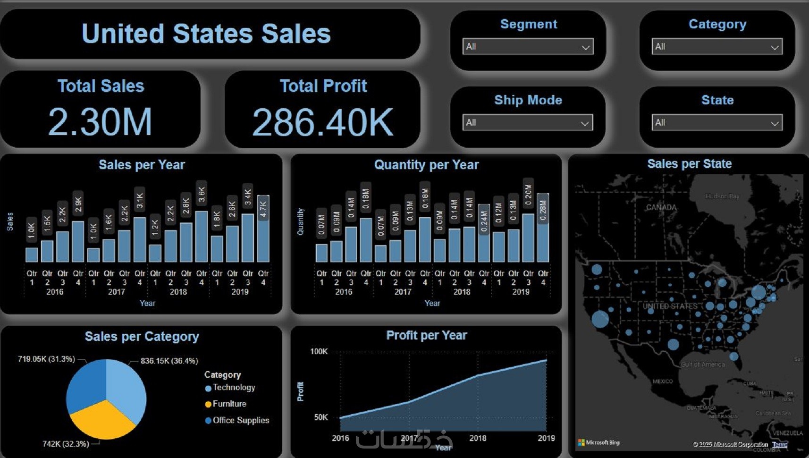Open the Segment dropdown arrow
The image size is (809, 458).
tap(585, 47)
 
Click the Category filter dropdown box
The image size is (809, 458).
tap(716, 47)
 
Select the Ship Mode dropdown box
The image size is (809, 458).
tap(527, 123)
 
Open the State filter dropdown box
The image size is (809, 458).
tap(716, 123)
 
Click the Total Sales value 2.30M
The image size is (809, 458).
tap(100, 122)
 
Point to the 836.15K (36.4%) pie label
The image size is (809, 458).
tap(169, 361)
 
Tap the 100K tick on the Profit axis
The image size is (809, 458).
tap(319, 351)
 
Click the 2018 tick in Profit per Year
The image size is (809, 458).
tap(478, 438)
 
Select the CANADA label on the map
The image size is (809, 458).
tap(661, 207)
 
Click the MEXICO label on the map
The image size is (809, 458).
tap(663, 382)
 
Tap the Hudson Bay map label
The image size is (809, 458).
tap(722, 196)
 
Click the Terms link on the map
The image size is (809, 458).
tap(780, 444)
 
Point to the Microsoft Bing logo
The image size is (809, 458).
tap(598, 443)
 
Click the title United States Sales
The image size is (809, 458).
tap(206, 34)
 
